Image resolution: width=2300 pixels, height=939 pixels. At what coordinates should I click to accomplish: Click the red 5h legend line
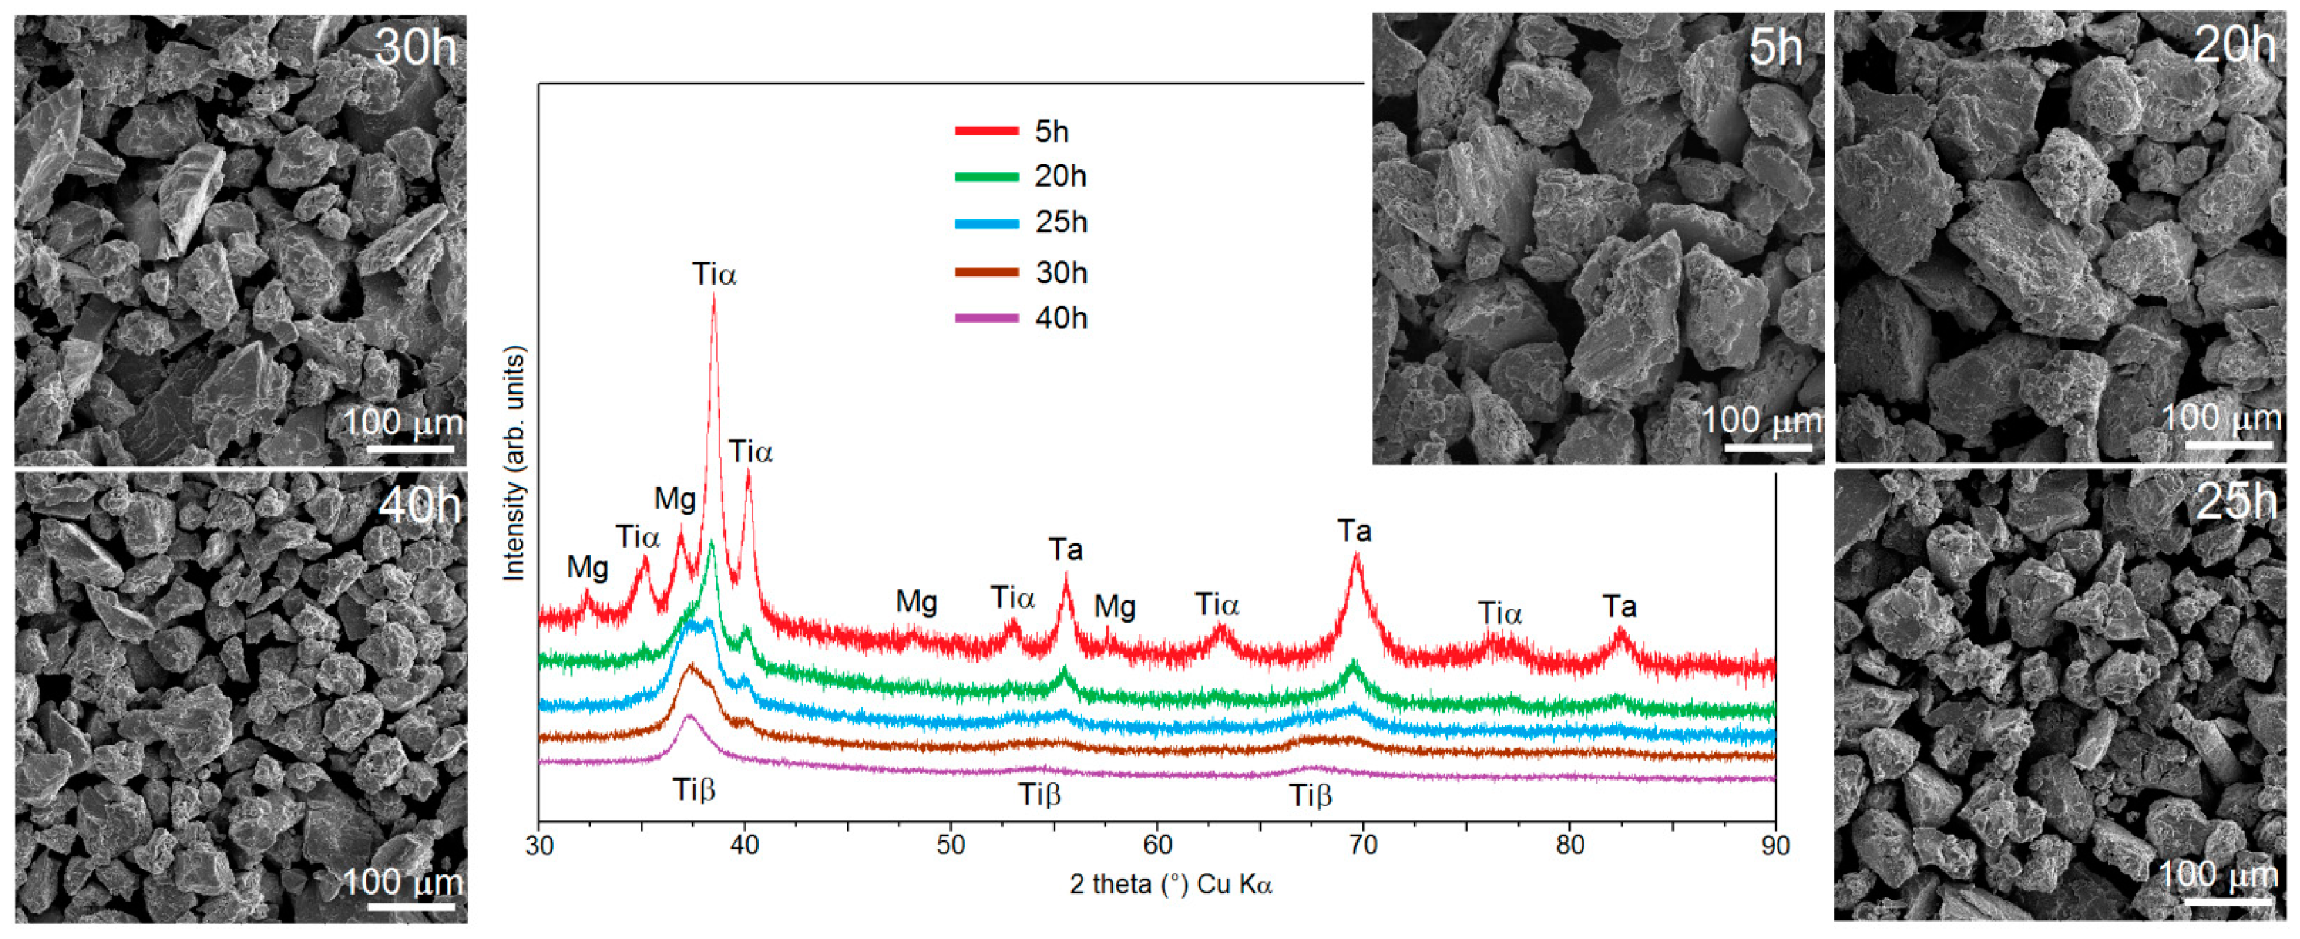pos(987,131)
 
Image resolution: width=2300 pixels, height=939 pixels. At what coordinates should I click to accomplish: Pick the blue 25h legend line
pos(987,223)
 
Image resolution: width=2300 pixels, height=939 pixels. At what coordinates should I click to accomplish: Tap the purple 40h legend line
pos(987,318)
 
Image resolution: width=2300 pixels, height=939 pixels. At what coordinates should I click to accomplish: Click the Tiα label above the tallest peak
pos(714,274)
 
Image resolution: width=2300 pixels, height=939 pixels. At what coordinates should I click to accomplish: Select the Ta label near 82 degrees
pos(1618,607)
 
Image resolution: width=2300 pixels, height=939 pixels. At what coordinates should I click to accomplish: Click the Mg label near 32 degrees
pos(588,567)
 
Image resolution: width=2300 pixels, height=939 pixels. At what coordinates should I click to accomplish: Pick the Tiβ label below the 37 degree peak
pos(694,790)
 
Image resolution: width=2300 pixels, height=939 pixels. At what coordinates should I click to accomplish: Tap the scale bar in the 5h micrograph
pos(1768,447)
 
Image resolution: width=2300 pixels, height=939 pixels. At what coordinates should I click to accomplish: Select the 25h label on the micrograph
pos(2235,502)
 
